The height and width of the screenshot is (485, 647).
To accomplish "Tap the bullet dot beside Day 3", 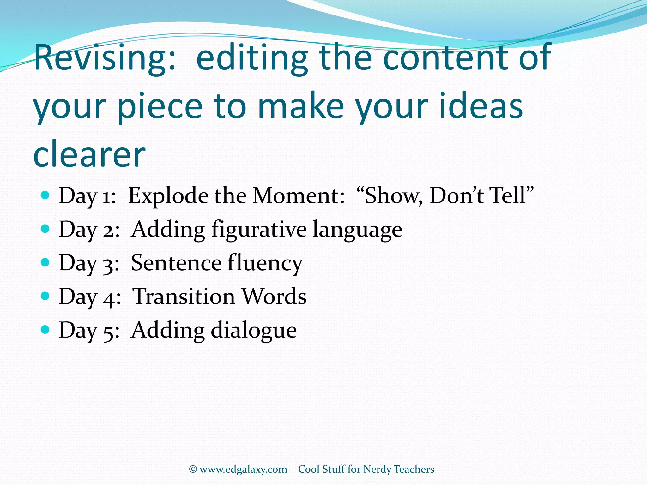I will tap(45, 262).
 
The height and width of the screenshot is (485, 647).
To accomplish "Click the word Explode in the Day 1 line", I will tap(168, 196).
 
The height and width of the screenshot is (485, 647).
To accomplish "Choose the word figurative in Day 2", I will tap(259, 230).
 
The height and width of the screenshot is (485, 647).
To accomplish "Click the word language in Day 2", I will tap(357, 230).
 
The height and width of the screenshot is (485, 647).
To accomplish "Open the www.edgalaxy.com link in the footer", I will tap(243, 470).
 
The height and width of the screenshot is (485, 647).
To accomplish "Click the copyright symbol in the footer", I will tap(193, 470).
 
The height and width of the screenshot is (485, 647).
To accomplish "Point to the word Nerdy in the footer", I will tap(377, 470).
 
